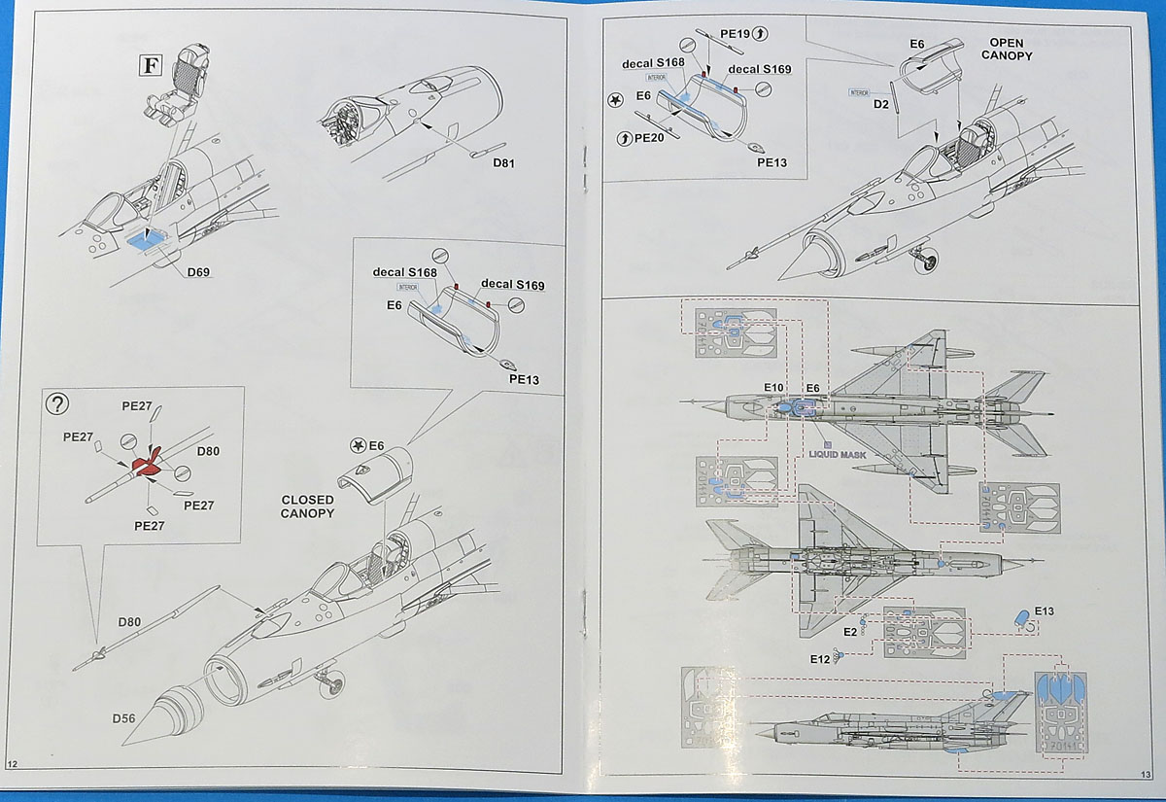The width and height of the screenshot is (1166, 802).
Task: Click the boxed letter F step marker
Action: click(149, 65)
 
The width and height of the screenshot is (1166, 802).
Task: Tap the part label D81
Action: click(503, 162)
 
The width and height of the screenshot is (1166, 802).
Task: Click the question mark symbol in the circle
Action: click(59, 403)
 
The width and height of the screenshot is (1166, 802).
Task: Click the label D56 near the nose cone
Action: click(124, 718)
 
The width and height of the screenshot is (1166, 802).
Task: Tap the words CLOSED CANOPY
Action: click(307, 506)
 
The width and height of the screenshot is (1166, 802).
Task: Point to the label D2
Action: click(881, 104)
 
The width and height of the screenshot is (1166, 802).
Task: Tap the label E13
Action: click(1046, 610)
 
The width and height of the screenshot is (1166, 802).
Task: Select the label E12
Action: click(819, 659)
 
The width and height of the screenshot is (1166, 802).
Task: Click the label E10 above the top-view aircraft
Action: click(773, 388)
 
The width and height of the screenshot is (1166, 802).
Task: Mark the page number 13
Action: click(1144, 773)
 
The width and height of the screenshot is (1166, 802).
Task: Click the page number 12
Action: click(13, 763)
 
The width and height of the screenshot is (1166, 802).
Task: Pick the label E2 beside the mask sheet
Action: click(849, 632)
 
